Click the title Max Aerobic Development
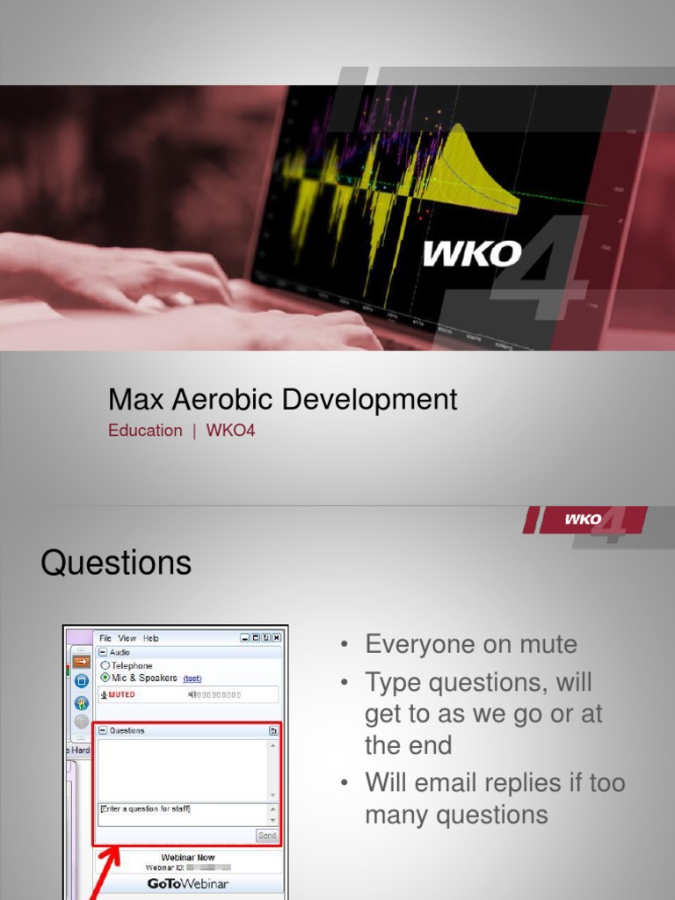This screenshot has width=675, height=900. click(x=282, y=399)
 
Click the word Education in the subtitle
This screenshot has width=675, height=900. click(x=145, y=431)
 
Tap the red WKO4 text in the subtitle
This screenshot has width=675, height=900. click(x=230, y=431)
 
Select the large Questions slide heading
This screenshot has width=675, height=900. click(x=116, y=562)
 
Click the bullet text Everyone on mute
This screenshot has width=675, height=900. click(x=471, y=644)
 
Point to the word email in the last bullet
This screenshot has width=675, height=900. click(x=461, y=782)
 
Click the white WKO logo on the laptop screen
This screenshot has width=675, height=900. click(x=472, y=254)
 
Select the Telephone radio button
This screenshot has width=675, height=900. click(x=105, y=666)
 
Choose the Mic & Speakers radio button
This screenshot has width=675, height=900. click(x=105, y=678)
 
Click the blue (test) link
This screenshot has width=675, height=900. click(x=192, y=679)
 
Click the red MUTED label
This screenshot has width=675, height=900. click(x=121, y=694)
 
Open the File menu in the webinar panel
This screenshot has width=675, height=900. click(x=105, y=638)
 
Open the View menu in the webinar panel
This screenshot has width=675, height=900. click(x=127, y=638)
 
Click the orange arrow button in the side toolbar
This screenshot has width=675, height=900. click(x=81, y=660)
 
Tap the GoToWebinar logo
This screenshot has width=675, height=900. click(x=187, y=884)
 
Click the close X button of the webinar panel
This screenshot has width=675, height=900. click(x=277, y=638)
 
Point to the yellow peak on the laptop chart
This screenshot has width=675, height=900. click(x=457, y=132)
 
